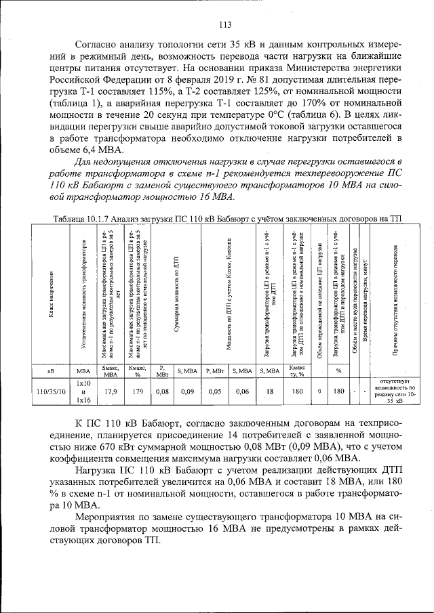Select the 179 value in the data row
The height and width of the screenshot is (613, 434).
pyautogui.click(x=137, y=391)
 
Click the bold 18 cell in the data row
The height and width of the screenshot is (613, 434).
pyautogui.click(x=269, y=391)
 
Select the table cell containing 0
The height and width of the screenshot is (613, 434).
pyautogui.click(x=319, y=391)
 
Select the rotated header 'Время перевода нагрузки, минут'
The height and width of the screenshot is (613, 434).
pyautogui.click(x=365, y=298)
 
